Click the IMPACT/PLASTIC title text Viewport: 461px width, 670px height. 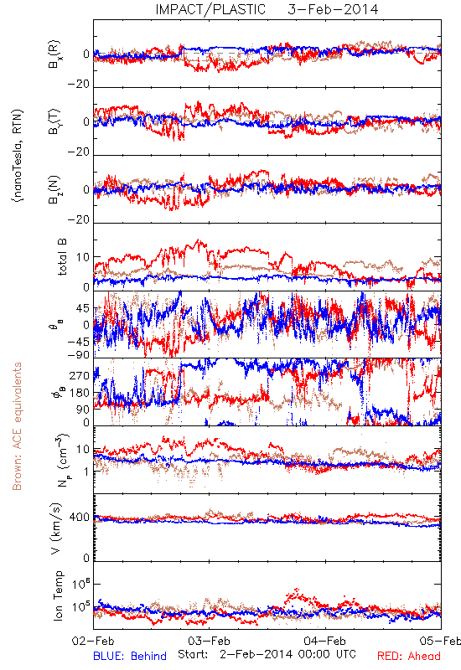210,9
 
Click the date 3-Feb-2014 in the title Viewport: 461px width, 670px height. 333,9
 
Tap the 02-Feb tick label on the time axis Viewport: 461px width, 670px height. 93,641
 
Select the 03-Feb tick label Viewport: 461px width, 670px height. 209,641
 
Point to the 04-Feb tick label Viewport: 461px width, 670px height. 325,641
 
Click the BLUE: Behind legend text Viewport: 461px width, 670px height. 130,656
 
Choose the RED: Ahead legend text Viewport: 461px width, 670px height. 408,656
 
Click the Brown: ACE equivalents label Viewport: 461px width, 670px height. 17,426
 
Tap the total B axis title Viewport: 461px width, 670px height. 61,257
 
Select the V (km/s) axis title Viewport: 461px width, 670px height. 57,528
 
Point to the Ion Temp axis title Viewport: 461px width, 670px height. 58,595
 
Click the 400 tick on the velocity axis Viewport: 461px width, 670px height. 80,517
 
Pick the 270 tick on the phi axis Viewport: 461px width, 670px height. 80,376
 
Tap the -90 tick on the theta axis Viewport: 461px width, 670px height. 79,354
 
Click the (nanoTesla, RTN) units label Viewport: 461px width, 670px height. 18,156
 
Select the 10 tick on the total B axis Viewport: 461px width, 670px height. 83,257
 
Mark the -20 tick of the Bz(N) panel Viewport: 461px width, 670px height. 79,219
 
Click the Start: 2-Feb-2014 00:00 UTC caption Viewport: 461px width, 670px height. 267,654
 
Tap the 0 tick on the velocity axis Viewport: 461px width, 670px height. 86,558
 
